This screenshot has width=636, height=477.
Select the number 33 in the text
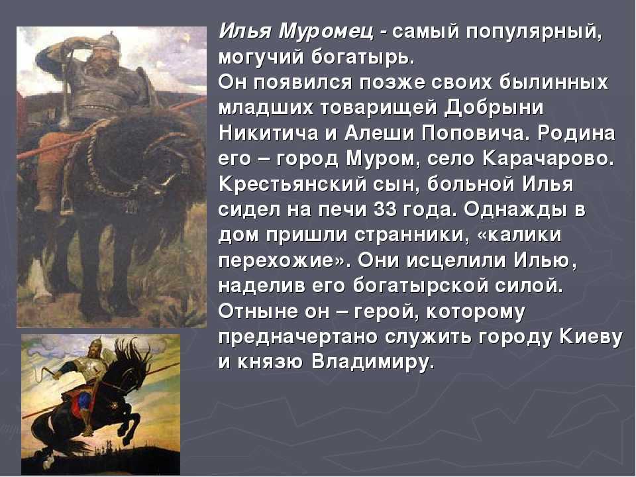tap(385, 210)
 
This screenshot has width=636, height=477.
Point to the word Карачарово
tap(548, 159)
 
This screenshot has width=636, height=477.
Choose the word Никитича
tap(268, 134)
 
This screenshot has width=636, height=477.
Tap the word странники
tap(409, 235)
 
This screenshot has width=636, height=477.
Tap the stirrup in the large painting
tap(67, 204)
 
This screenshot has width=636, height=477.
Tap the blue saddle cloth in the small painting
tap(83, 400)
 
